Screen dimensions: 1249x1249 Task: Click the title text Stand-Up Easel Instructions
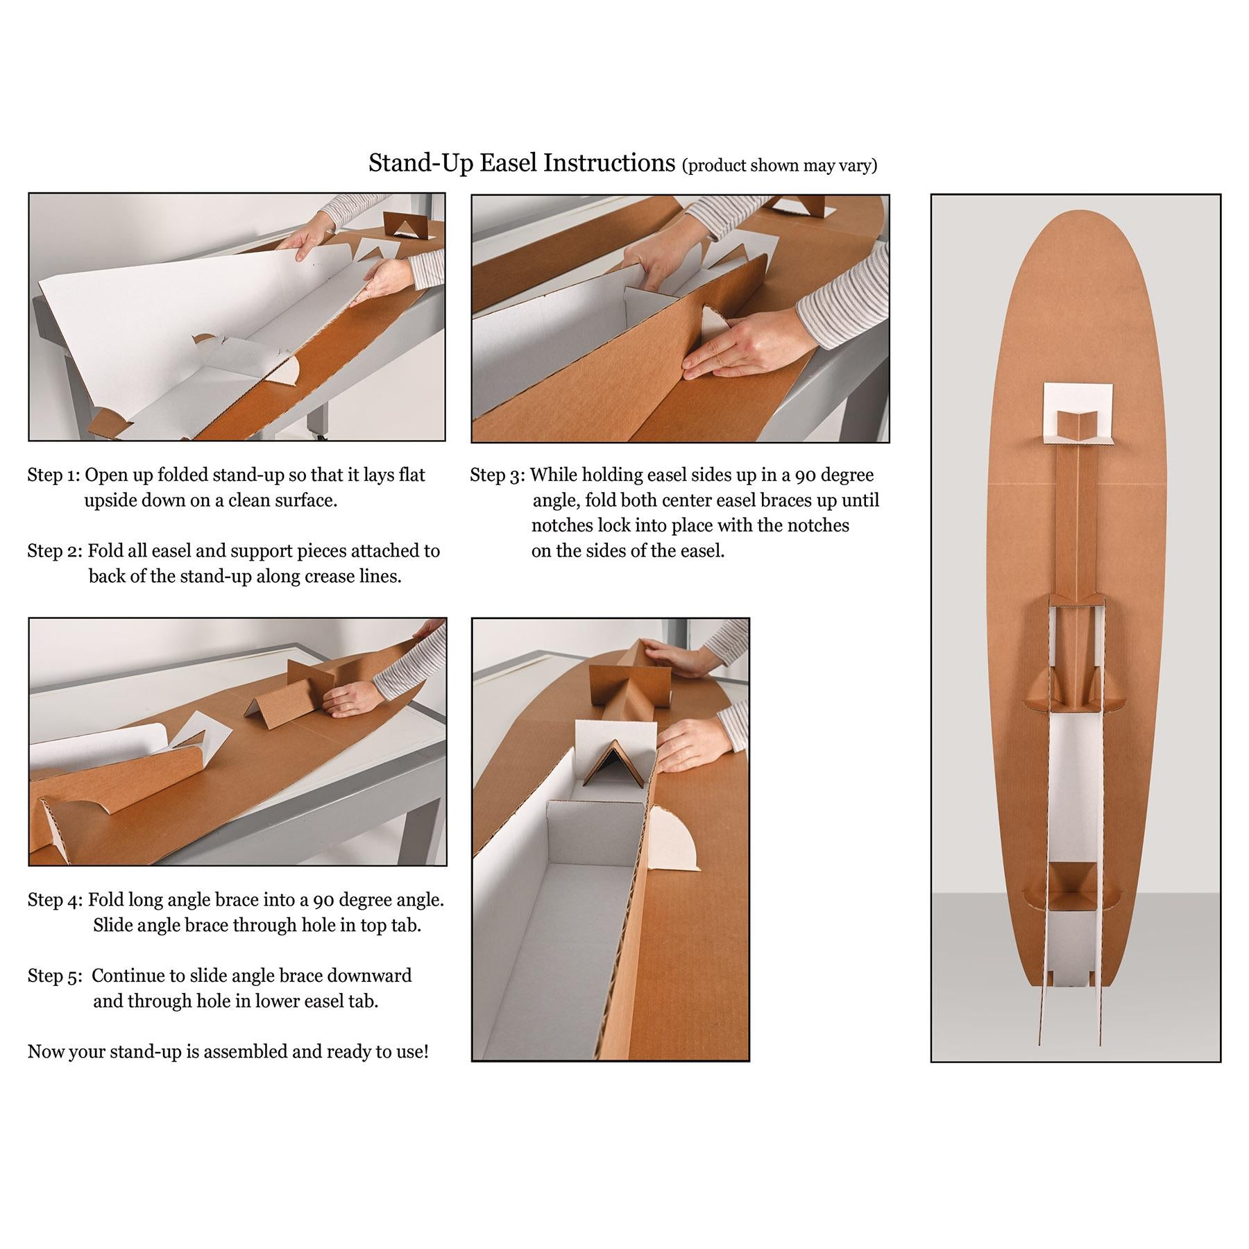(522, 163)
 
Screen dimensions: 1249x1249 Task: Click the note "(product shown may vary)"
(780, 166)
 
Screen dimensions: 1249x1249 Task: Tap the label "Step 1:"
(53, 476)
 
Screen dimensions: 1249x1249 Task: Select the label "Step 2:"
(55, 552)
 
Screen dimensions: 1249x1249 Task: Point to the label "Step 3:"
(498, 476)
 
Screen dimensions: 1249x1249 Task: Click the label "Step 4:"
(55, 901)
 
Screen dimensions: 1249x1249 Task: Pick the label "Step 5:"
(55, 976)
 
